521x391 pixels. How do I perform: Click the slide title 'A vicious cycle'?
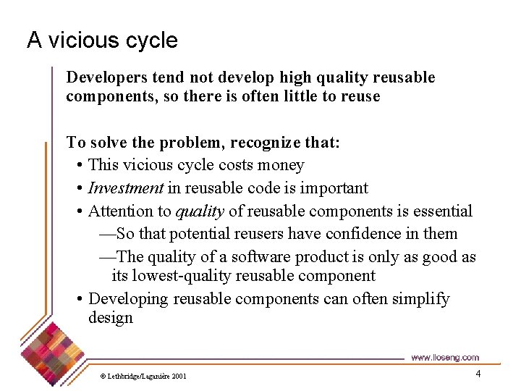[102, 40]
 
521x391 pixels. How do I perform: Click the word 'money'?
[281, 165]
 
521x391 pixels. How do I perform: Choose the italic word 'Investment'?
[126, 188]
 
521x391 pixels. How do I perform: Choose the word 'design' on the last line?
[111, 318]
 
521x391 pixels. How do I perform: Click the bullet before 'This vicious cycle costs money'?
[79, 166]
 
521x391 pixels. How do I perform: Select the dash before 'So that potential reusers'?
[106, 234]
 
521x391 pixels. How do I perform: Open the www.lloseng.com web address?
[444, 357]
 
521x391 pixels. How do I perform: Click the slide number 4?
[478, 374]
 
